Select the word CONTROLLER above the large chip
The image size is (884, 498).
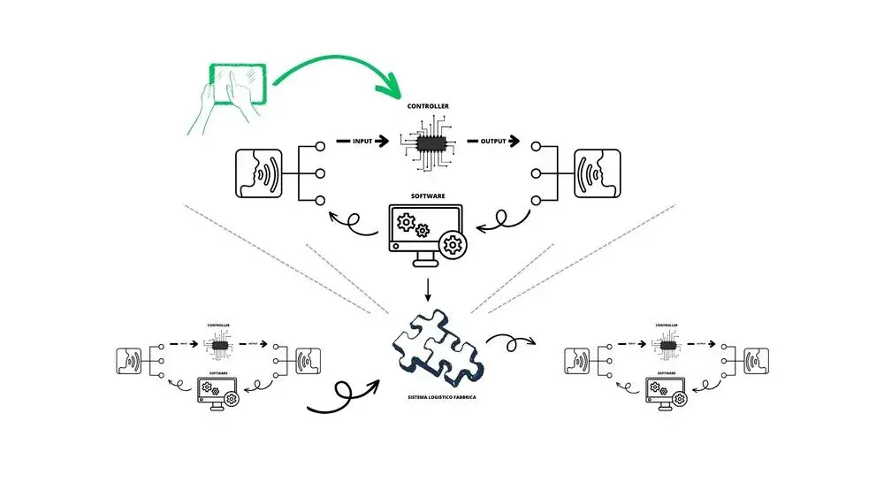[x=427, y=107]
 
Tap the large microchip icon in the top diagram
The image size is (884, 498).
[x=428, y=142]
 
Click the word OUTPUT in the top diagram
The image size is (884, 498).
[x=492, y=141]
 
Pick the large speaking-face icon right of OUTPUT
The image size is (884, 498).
[x=598, y=173]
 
